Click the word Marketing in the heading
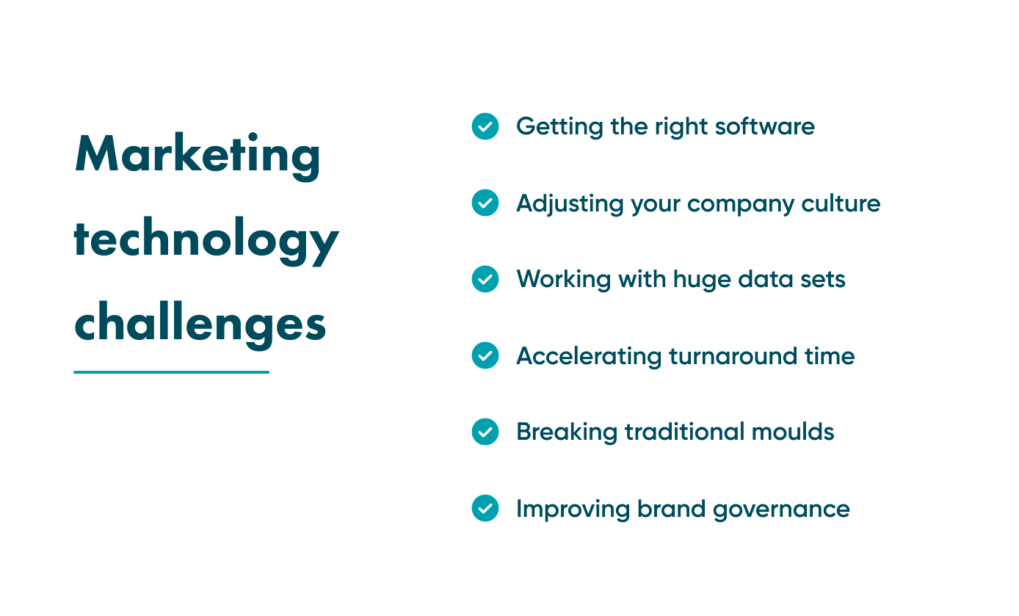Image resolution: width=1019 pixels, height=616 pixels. click(197, 156)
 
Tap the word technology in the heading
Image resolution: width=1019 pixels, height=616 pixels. click(206, 241)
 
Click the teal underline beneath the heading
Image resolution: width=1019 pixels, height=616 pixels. click(171, 372)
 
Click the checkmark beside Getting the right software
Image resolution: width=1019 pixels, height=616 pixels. click(485, 126)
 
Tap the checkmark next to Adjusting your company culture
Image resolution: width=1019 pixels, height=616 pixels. click(485, 203)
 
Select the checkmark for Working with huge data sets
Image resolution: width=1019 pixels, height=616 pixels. click(485, 279)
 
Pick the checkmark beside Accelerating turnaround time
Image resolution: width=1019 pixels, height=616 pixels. click(485, 355)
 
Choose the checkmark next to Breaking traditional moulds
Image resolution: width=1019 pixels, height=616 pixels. click(485, 432)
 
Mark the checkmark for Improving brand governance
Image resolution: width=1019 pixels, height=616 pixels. click(485, 508)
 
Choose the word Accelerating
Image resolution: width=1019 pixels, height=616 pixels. click(588, 356)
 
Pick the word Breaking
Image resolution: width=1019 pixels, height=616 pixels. click(567, 432)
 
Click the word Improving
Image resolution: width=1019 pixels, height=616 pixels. click(573, 510)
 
